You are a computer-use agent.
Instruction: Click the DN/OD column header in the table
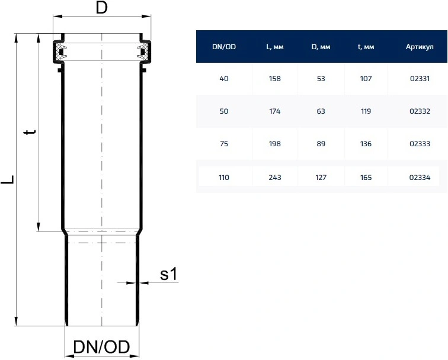[224, 47]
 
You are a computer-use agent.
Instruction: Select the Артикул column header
[420, 47]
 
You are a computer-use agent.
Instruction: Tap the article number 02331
[420, 79]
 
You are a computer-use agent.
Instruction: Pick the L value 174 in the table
[275, 111]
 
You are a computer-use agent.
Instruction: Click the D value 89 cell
[321, 144]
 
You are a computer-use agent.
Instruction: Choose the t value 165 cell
[366, 178]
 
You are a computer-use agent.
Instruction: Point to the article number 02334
[420, 178]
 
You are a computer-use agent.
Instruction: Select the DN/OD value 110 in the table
[224, 178]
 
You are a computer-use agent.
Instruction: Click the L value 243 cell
[275, 178]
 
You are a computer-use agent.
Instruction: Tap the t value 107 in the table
[366, 79]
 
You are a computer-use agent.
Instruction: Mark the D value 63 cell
[321, 111]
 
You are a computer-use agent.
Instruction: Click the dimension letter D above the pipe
[102, 8]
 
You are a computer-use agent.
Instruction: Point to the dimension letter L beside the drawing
[7, 179]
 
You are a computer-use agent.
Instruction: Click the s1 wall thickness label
[168, 274]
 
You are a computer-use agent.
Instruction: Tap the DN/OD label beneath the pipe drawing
[102, 347]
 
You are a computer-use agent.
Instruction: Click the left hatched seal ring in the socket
[59, 52]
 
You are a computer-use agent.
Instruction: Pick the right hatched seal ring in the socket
[144, 52]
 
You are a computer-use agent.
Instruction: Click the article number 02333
[420, 144]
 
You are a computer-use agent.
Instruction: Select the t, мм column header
[366, 47]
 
